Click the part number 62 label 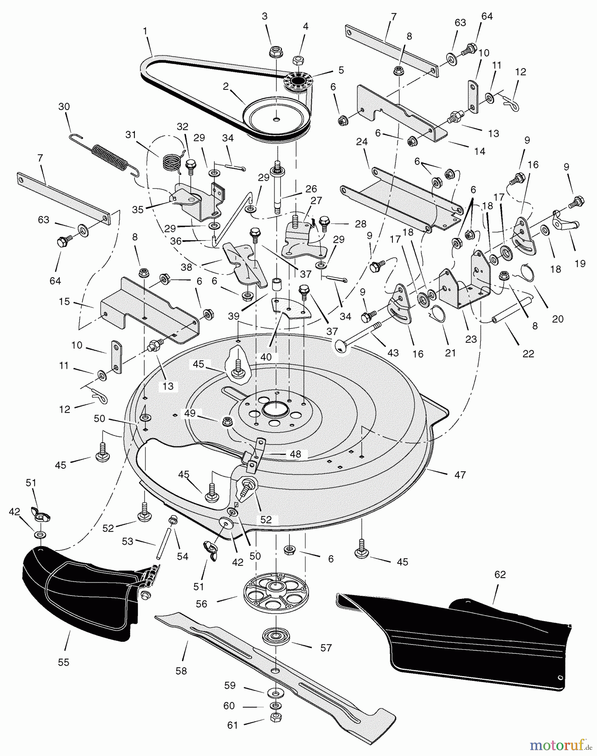[500, 575]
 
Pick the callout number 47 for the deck [460, 475]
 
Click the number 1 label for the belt [145, 31]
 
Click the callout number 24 [361, 142]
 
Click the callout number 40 [266, 357]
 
